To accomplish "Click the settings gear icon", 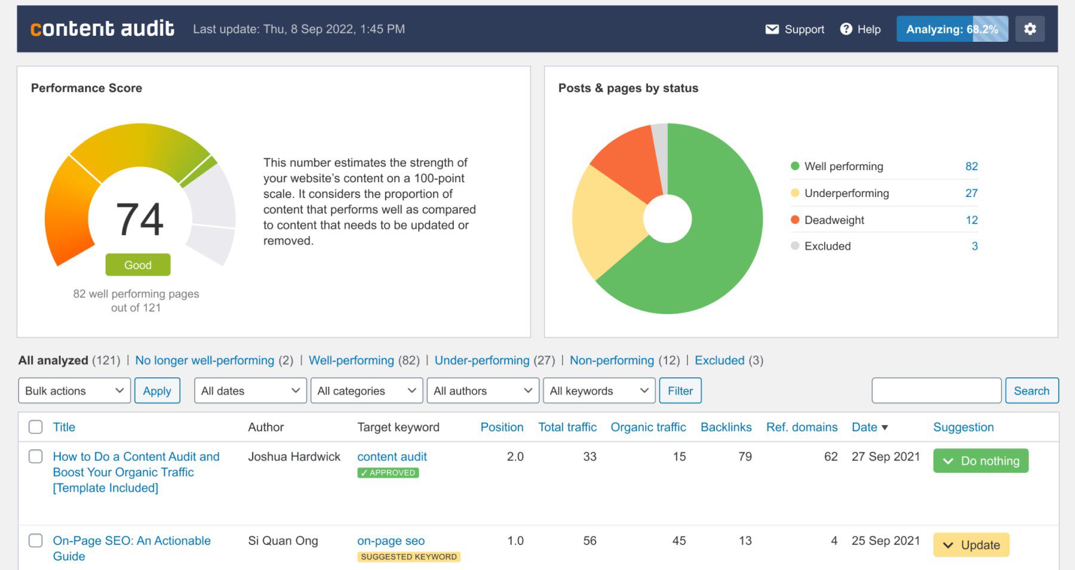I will (x=1030, y=29).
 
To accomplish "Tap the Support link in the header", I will (x=795, y=29).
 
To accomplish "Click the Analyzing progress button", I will (x=952, y=29).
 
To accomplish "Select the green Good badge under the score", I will (x=138, y=265).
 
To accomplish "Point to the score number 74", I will (x=140, y=219).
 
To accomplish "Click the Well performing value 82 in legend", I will (x=971, y=167).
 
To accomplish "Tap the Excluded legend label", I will (x=827, y=246).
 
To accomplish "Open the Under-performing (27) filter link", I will (x=482, y=361).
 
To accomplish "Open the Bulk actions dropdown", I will (x=74, y=391).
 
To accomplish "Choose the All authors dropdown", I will (x=483, y=391).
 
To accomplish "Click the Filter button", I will (x=680, y=391).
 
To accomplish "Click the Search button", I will (x=1031, y=391).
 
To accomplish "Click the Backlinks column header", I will (x=726, y=427).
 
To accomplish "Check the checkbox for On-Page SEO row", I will (x=36, y=541).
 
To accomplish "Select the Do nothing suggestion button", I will (x=981, y=461).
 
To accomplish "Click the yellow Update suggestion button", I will (x=971, y=545).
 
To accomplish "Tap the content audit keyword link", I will (x=392, y=457).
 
